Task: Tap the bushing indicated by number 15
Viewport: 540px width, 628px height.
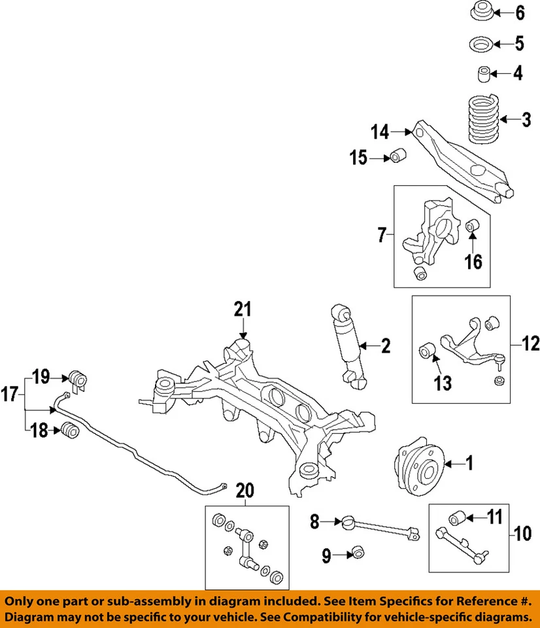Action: click(x=399, y=158)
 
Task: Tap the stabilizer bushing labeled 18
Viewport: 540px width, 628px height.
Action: click(x=69, y=430)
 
